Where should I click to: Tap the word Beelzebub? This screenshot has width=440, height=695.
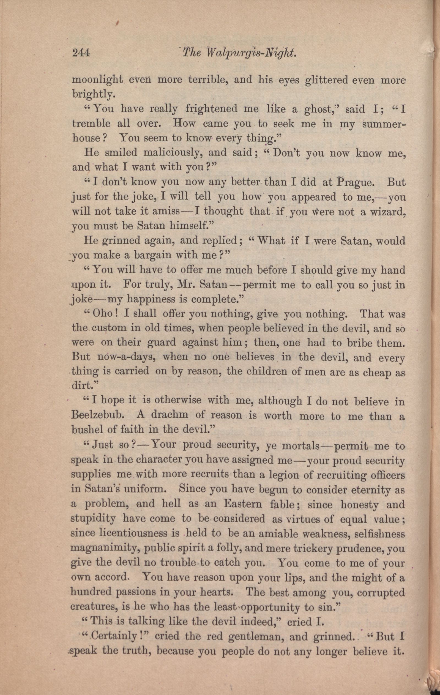(100, 416)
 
